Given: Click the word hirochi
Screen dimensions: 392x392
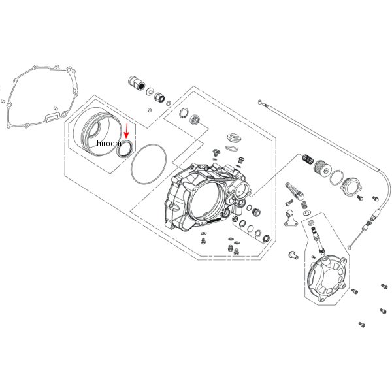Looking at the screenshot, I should click(108, 143).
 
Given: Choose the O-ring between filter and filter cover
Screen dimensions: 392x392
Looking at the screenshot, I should click(338, 178).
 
